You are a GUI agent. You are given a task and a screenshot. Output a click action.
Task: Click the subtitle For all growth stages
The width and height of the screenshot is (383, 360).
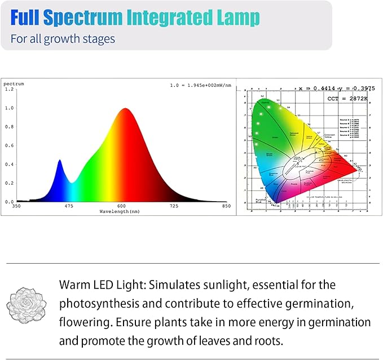(x=63, y=39)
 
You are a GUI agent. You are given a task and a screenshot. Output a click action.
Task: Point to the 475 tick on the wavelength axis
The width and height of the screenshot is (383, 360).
(x=69, y=206)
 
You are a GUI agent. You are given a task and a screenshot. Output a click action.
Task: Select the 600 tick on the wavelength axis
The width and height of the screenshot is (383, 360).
(x=121, y=206)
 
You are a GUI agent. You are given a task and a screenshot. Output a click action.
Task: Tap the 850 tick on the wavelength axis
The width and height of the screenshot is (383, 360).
(x=226, y=206)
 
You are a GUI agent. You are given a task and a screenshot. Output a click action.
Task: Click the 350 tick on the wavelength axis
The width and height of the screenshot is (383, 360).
(x=17, y=206)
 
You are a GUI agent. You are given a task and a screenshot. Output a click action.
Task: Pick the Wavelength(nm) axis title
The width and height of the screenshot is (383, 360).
(x=120, y=211)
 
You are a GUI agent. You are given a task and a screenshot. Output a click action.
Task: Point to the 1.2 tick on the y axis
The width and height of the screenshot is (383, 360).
(x=8, y=90)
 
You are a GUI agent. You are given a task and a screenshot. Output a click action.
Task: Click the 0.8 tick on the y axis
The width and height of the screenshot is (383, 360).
(x=8, y=127)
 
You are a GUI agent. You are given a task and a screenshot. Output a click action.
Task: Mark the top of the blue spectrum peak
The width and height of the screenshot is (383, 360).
(x=60, y=161)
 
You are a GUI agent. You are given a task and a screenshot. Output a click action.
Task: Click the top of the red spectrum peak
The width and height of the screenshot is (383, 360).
(x=124, y=109)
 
